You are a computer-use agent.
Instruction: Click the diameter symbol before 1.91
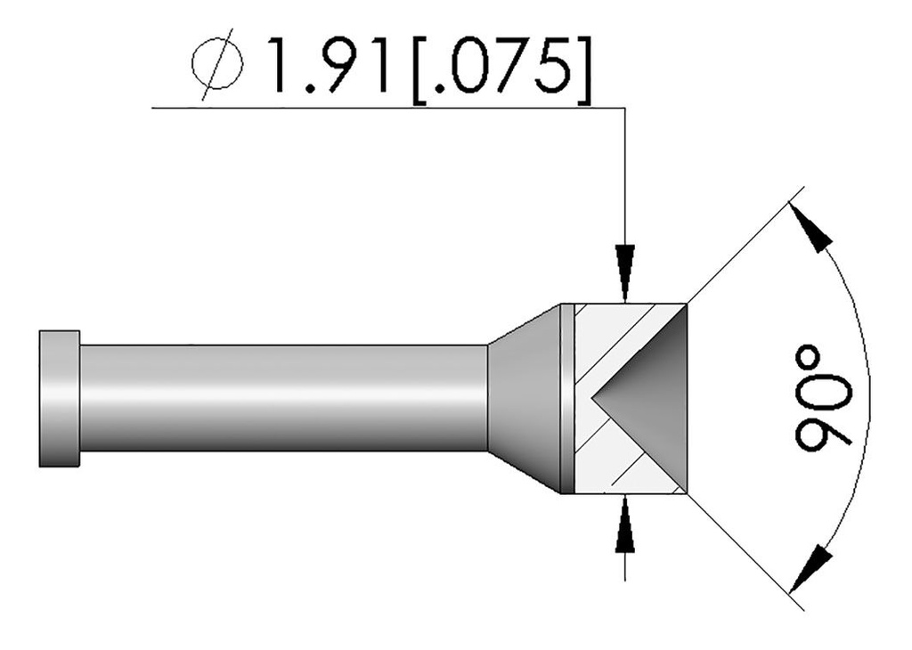coord(216,64)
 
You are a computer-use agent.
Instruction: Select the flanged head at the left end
coord(60,398)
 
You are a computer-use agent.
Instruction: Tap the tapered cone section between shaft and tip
coord(525,398)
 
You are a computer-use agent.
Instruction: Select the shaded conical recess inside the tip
coord(655,398)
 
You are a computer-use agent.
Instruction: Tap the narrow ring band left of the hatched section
coord(567,398)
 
